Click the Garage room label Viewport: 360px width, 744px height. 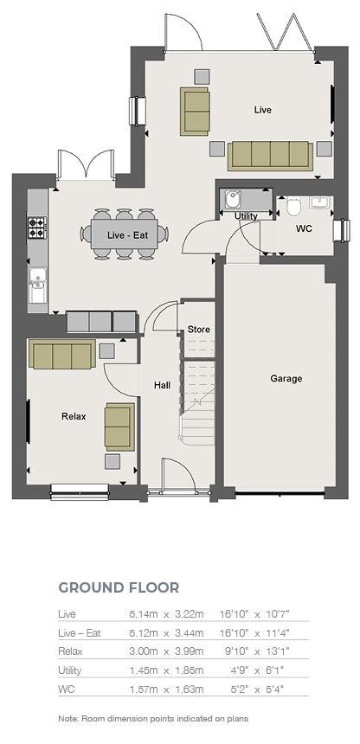(286, 379)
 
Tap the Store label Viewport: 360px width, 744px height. (198, 330)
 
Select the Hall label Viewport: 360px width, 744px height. (162, 386)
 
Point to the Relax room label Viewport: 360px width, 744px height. (74, 417)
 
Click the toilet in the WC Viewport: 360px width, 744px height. (293, 205)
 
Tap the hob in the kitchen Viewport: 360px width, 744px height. (37, 228)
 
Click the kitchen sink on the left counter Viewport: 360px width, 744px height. (37, 285)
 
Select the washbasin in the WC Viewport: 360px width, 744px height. (319, 203)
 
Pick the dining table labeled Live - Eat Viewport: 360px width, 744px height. (125, 234)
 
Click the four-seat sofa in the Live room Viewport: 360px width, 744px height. (270, 155)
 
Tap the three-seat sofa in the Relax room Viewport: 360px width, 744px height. (61, 355)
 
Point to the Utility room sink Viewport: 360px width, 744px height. (233, 200)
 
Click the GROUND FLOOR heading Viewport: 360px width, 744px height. (119, 587)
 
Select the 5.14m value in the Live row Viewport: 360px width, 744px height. (144, 614)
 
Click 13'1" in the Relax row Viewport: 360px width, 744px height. (278, 651)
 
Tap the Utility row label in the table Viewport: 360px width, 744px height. (70, 670)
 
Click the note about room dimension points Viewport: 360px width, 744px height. (153, 719)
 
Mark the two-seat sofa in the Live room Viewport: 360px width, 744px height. (195, 111)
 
